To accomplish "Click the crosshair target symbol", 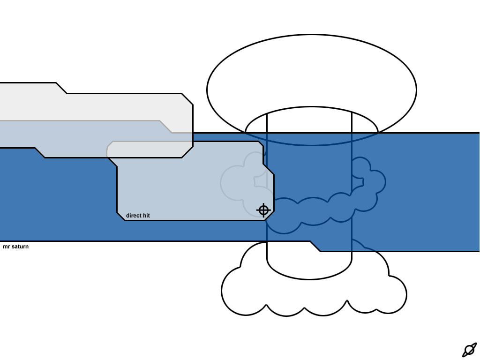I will (263, 210).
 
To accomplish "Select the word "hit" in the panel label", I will (146, 216).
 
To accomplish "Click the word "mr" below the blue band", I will (7, 247).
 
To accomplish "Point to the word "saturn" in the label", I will (20, 247).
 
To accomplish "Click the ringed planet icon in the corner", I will (469, 350).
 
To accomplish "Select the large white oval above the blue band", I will (312, 70).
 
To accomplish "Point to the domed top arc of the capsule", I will (312, 109).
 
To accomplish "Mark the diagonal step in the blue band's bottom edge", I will (315, 247).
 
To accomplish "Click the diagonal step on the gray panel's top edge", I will (61, 88).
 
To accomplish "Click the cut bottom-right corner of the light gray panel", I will (187, 152).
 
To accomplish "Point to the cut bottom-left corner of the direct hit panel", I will (121, 217).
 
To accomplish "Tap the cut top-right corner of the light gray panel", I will (187, 99).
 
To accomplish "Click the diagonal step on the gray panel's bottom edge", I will (40, 153).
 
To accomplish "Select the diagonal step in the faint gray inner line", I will (165, 127).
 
